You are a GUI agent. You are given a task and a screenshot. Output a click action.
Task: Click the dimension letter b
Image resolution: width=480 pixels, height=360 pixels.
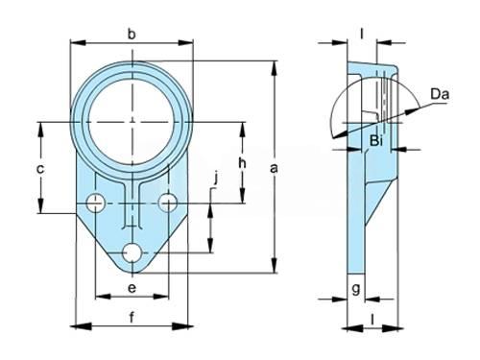pyautogui.click(x=132, y=34)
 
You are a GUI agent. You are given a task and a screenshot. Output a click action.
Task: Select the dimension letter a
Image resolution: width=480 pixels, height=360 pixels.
pyautogui.click(x=274, y=168)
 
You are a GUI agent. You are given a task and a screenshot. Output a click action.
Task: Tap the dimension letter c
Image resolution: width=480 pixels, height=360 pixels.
pyautogui.click(x=40, y=169)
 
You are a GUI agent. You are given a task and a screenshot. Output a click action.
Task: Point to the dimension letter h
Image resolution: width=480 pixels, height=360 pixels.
pyautogui.click(x=242, y=163)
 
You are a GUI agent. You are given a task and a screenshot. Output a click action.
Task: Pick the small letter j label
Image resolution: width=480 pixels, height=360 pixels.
pyautogui.click(x=216, y=178)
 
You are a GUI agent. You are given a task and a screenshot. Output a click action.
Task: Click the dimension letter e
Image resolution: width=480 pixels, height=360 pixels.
pyautogui.click(x=132, y=288)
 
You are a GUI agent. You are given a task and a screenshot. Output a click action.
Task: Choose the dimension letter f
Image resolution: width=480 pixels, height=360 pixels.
pyautogui.click(x=132, y=318)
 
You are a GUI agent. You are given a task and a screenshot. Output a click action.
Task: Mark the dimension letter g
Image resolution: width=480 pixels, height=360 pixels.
pyautogui.click(x=356, y=289)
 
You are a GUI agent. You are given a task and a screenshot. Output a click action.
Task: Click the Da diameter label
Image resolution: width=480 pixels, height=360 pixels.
pyautogui.click(x=440, y=94)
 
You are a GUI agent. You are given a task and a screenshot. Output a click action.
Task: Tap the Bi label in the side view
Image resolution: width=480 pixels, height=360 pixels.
pyautogui.click(x=376, y=141)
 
